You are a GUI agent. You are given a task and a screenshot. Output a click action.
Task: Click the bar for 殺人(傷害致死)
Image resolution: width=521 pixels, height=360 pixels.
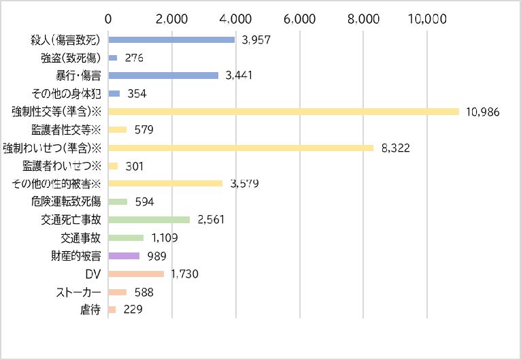171,40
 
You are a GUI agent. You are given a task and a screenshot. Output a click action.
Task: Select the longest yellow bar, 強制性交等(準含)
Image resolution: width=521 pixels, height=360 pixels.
284,112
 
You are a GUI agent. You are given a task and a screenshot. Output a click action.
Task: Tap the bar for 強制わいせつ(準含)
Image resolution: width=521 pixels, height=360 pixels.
241,148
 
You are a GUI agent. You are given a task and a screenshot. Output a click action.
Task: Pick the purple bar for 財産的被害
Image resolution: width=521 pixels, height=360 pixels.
124,256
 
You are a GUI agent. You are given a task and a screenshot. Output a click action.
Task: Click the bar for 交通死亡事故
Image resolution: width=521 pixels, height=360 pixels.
149,220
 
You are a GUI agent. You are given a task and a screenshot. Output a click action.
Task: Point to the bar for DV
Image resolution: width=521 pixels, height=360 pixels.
136,274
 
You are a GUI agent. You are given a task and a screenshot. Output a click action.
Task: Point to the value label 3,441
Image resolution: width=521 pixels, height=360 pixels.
239,76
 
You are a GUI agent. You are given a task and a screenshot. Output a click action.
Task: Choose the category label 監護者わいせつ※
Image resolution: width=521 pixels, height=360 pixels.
61,166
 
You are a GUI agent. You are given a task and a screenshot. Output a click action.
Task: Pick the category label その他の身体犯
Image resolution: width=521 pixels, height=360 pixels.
66,93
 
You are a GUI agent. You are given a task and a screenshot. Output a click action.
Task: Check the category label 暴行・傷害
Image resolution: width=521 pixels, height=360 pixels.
78,76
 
